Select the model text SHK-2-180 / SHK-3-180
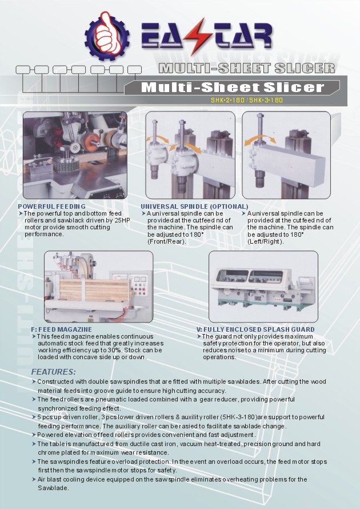247,100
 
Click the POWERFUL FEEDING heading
52,206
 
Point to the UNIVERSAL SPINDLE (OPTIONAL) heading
194,206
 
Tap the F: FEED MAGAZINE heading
62,329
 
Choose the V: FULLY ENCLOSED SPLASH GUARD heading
255,329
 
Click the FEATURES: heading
54,372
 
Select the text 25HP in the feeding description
122,220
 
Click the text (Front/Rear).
167,241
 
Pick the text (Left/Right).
266,241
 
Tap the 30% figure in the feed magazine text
116,350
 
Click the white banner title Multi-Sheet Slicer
233,88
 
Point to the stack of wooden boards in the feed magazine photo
95,290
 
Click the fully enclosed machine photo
263,287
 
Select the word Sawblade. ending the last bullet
53,488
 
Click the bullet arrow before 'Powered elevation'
34,435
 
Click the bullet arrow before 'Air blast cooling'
34,479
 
